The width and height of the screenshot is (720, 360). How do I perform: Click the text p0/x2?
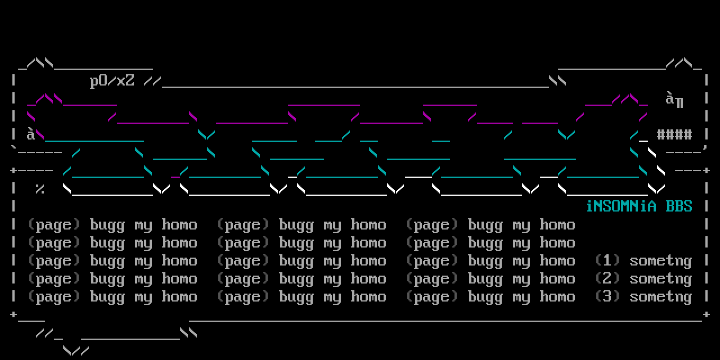pyautogui.click(x=112, y=81)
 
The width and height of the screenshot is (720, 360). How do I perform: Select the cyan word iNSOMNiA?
pyautogui.click(x=621, y=206)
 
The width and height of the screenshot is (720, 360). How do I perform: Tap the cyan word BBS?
pyautogui.click(x=679, y=206)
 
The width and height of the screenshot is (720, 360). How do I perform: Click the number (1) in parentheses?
pyautogui.click(x=607, y=260)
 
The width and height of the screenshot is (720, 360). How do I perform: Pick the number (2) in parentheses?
pyautogui.click(x=607, y=278)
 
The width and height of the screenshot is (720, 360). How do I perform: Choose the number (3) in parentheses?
pyautogui.click(x=607, y=296)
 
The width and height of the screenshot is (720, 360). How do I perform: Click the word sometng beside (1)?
pyautogui.click(x=660, y=261)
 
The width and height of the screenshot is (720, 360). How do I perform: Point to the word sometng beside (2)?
pyautogui.click(x=660, y=279)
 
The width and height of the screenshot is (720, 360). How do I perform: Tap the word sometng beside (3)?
pyautogui.click(x=660, y=297)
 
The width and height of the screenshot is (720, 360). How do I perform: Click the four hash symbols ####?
pyautogui.click(x=674, y=134)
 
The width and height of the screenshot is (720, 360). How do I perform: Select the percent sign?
pyautogui.click(x=40, y=189)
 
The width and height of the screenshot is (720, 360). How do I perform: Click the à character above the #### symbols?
pyautogui.click(x=670, y=100)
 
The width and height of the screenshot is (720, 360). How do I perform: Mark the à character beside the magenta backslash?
pyautogui.click(x=30, y=134)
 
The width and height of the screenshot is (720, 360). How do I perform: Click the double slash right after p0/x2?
pyautogui.click(x=152, y=81)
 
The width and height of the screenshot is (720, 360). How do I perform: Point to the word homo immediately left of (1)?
pyautogui.click(x=557, y=261)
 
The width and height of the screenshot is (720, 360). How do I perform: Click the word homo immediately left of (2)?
pyautogui.click(x=557, y=279)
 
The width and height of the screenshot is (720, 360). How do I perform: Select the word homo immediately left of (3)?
pyautogui.click(x=557, y=297)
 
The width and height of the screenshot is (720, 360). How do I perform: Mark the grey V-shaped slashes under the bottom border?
pyautogui.click(x=76, y=350)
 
